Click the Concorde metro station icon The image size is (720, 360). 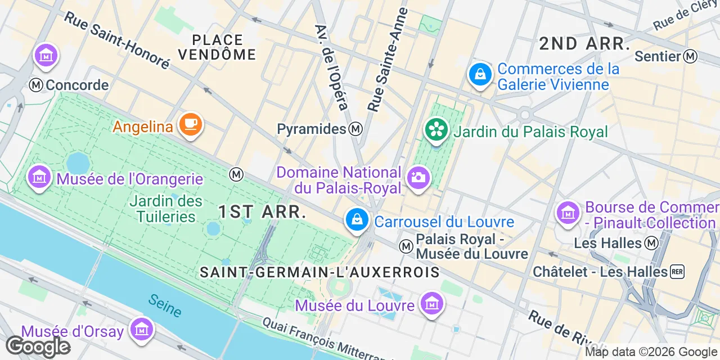[37, 85]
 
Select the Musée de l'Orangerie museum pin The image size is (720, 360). [39, 178]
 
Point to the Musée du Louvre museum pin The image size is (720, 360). [431, 304]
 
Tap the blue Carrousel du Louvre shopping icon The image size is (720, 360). [357, 219]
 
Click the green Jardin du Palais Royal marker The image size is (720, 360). [436, 130]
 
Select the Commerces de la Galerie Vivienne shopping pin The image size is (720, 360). [480, 74]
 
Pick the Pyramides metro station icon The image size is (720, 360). [355, 129]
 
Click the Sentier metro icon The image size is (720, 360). [690, 56]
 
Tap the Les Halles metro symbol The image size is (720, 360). [651, 243]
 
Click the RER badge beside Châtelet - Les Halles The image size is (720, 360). [677, 272]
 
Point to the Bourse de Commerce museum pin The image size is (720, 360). [568, 213]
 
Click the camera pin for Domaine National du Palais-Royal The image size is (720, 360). [418, 178]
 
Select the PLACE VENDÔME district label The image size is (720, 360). [217, 47]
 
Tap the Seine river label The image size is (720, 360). [165, 305]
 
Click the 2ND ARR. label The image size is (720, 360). [584, 44]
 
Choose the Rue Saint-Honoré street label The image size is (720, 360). [116, 40]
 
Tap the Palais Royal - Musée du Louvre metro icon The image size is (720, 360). [406, 246]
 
